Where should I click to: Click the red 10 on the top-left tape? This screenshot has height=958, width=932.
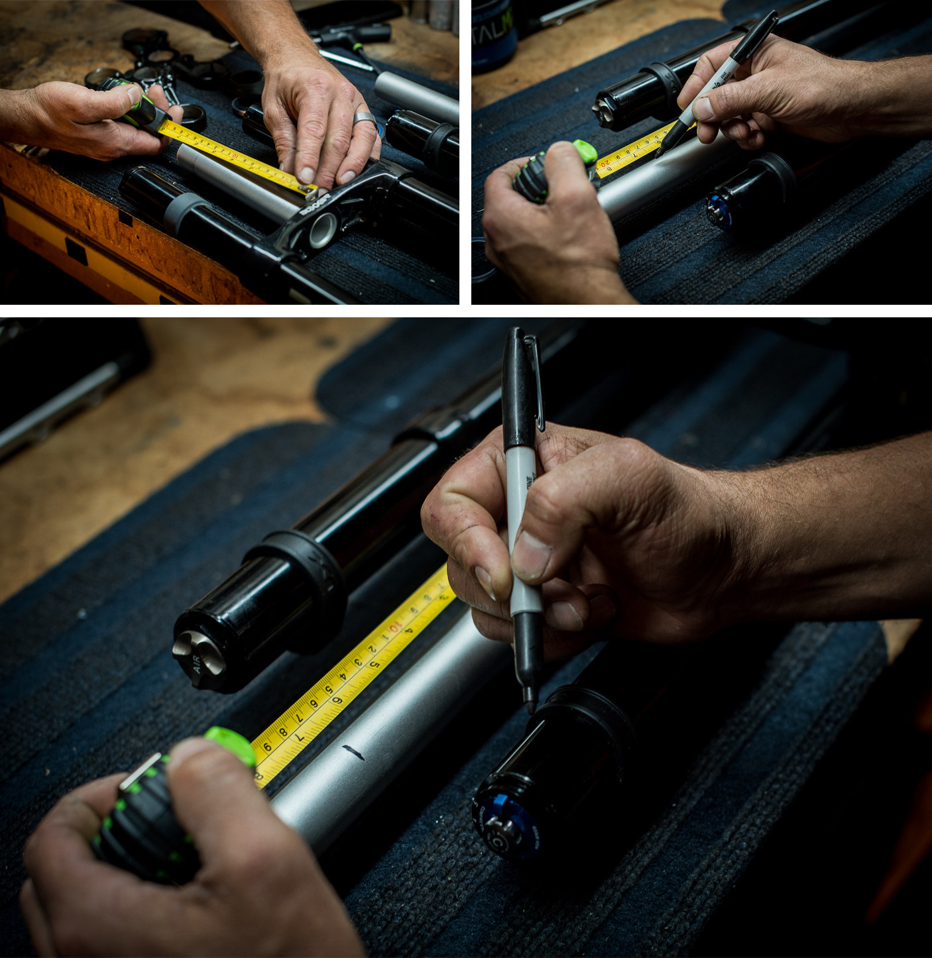point(235,157)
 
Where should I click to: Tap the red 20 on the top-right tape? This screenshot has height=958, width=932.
point(604,164)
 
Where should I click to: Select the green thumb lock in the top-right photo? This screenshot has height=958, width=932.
point(583,150)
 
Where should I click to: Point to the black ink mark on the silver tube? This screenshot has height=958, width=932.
point(351,752)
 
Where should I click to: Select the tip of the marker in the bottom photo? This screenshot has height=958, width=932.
point(530,708)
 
